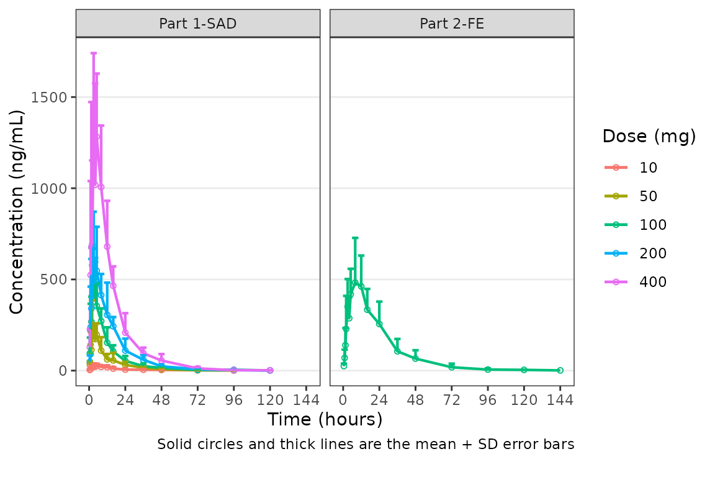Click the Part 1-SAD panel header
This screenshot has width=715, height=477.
click(197, 24)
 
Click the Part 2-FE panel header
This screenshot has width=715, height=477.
click(451, 24)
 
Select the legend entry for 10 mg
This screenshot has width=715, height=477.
click(648, 167)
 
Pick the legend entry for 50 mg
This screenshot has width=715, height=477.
click(648, 196)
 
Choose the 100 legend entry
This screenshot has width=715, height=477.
click(652, 225)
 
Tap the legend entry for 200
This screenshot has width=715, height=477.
click(652, 253)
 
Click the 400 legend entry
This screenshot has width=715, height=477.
click(652, 282)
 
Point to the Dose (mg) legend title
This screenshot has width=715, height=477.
click(649, 137)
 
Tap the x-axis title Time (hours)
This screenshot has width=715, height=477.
click(325, 420)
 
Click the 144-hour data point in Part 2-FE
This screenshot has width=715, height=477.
click(560, 370)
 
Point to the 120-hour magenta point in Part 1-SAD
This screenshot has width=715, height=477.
click(270, 370)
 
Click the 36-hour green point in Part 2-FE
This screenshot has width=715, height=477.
click(397, 351)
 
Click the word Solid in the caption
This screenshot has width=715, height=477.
click(171, 445)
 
